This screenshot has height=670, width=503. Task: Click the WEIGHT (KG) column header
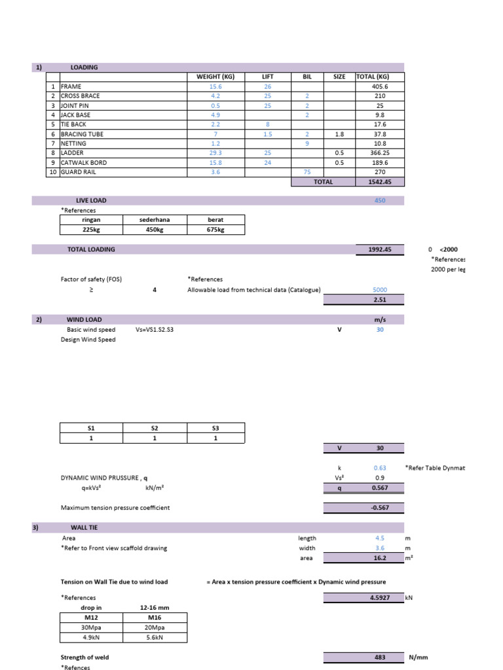tap(215, 77)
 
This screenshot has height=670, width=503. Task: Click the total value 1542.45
tap(379, 182)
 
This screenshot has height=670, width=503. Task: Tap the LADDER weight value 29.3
tap(215, 152)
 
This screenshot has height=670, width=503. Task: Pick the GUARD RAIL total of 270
tap(379, 172)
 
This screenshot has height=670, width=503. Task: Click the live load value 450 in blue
tap(379, 200)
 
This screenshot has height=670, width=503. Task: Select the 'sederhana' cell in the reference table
tap(155, 220)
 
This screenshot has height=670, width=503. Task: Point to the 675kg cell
tap(215, 230)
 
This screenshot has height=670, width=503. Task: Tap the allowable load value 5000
tap(379, 290)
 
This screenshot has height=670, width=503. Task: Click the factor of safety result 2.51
tap(379, 300)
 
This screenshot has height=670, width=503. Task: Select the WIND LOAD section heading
tap(84, 319)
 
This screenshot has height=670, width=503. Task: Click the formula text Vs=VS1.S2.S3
tap(155, 330)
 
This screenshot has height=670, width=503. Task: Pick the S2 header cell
tap(155, 428)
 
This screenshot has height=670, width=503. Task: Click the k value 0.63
tap(379, 468)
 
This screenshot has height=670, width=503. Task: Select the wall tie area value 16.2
tap(379, 558)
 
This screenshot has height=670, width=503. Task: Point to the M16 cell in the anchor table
tap(155, 617)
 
